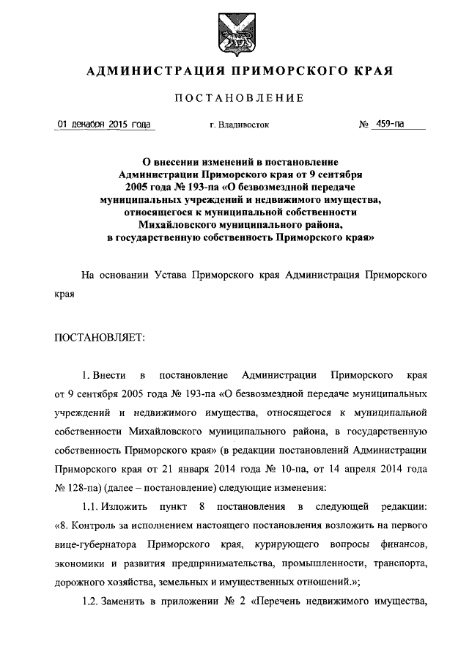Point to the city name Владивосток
pos(244,125)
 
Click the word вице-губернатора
pos(95,545)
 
